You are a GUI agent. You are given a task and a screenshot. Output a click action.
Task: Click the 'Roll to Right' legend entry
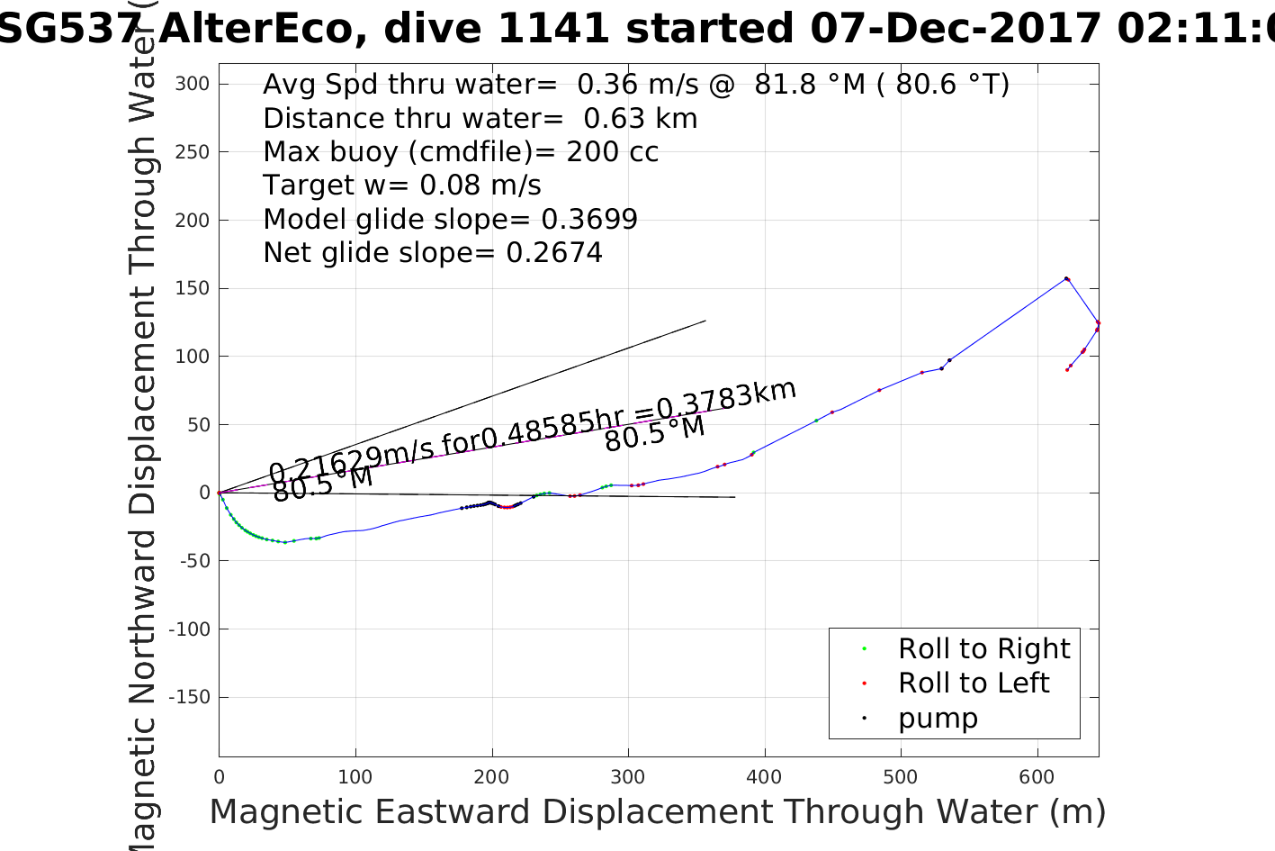(983, 648)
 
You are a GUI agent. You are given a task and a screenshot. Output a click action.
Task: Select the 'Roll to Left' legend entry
(973, 684)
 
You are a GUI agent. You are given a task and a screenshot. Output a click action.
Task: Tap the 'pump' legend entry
(938, 719)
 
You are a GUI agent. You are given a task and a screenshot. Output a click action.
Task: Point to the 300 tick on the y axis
(193, 84)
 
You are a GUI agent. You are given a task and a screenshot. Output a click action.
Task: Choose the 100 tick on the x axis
(355, 777)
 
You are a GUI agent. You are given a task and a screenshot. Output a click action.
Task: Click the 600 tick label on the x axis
(1037, 777)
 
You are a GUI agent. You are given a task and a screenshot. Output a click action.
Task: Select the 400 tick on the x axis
(764, 777)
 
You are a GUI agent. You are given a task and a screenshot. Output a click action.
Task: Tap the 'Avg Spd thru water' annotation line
(636, 84)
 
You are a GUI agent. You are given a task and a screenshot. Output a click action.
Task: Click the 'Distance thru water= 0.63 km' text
(480, 118)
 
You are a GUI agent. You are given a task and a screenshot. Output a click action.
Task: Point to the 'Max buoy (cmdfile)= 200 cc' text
(461, 152)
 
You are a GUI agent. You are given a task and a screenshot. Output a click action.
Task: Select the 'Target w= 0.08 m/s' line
(402, 186)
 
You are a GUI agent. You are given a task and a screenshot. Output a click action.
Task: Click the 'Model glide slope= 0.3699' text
(450, 219)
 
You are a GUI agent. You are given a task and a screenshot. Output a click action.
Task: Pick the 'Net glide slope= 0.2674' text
(433, 253)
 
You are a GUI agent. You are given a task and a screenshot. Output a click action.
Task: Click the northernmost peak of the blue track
(1066, 278)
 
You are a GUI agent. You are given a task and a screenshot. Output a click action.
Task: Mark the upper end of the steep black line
(705, 321)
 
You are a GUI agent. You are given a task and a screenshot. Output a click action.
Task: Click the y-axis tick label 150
(193, 288)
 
